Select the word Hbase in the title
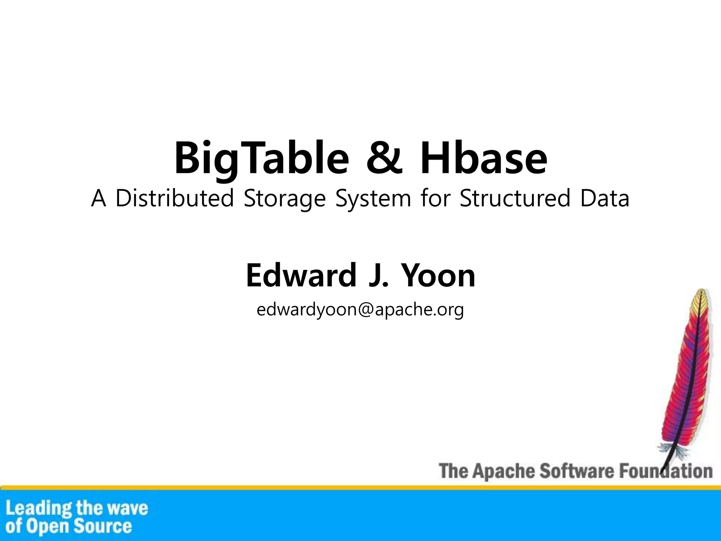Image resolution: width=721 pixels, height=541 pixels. pos(483,158)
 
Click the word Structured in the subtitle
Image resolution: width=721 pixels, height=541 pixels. pos(515,198)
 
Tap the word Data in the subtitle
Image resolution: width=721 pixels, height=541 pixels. pos(605,198)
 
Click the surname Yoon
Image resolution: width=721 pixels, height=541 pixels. pos(438,275)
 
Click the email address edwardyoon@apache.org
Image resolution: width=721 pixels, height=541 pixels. pos(360,310)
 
